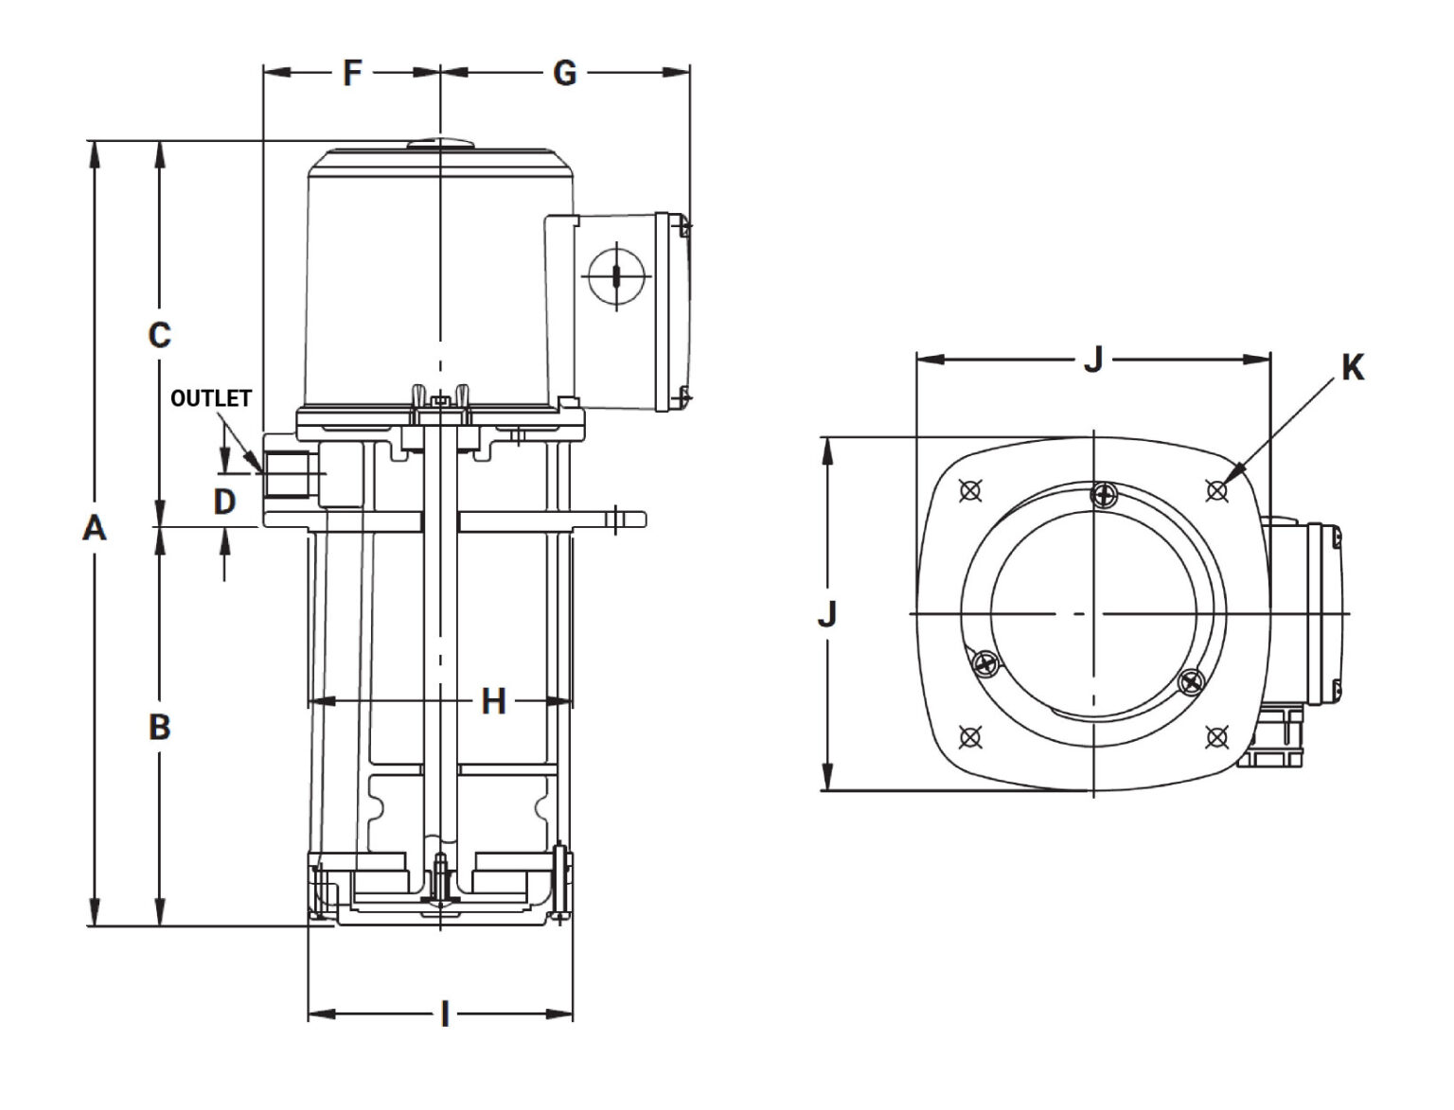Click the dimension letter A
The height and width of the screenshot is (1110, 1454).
click(x=94, y=529)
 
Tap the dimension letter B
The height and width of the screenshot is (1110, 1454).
click(x=160, y=728)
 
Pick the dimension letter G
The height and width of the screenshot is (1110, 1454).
click(x=564, y=73)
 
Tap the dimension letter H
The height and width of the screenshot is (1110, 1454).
click(x=493, y=701)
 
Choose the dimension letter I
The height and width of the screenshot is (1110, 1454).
click(x=445, y=1014)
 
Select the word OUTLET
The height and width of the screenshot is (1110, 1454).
click(x=211, y=397)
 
